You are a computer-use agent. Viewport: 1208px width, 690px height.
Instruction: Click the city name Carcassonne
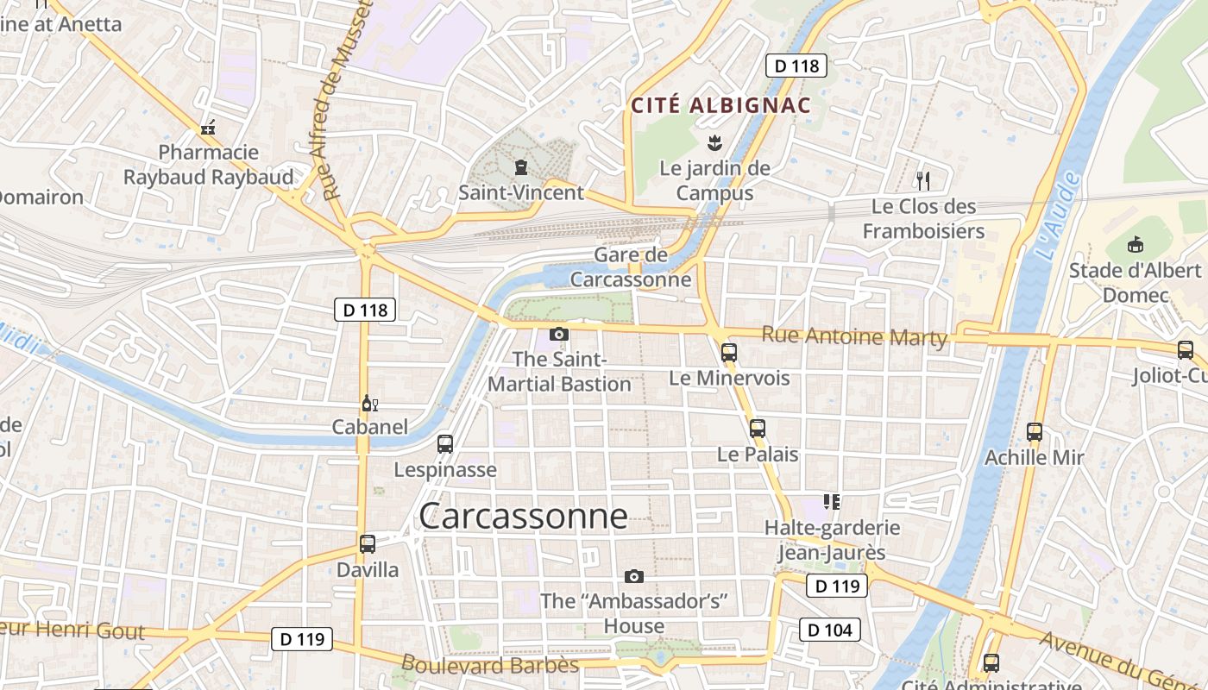(523, 516)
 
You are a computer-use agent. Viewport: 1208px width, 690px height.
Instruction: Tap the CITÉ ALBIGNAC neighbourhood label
(720, 105)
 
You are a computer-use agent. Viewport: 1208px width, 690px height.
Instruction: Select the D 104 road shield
(830, 630)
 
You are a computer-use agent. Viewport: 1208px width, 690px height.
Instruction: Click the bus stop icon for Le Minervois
(729, 352)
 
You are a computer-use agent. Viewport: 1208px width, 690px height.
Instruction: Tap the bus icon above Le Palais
(758, 428)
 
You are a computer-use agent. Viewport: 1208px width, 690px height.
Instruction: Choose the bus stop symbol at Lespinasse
(445, 444)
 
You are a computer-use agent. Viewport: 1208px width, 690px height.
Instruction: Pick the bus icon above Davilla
(368, 544)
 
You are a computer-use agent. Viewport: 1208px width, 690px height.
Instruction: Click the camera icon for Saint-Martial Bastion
(559, 334)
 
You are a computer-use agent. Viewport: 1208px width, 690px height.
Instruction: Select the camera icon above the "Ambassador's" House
(634, 576)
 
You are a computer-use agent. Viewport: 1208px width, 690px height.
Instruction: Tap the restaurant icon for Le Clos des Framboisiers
(923, 180)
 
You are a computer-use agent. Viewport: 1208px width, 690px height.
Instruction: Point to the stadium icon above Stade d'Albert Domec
(1136, 245)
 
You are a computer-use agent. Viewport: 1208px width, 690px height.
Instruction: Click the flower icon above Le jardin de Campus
(714, 141)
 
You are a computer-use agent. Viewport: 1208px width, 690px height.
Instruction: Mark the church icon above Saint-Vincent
(520, 166)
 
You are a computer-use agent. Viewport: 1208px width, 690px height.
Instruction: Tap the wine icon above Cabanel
(369, 403)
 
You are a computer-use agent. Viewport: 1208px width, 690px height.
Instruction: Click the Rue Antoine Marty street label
(854, 336)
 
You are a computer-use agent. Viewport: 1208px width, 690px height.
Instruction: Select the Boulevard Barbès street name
(490, 665)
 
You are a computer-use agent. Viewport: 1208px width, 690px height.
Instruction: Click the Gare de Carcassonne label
(631, 267)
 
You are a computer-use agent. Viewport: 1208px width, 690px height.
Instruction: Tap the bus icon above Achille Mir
(1035, 431)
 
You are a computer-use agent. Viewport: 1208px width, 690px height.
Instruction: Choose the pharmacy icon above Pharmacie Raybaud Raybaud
(208, 129)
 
